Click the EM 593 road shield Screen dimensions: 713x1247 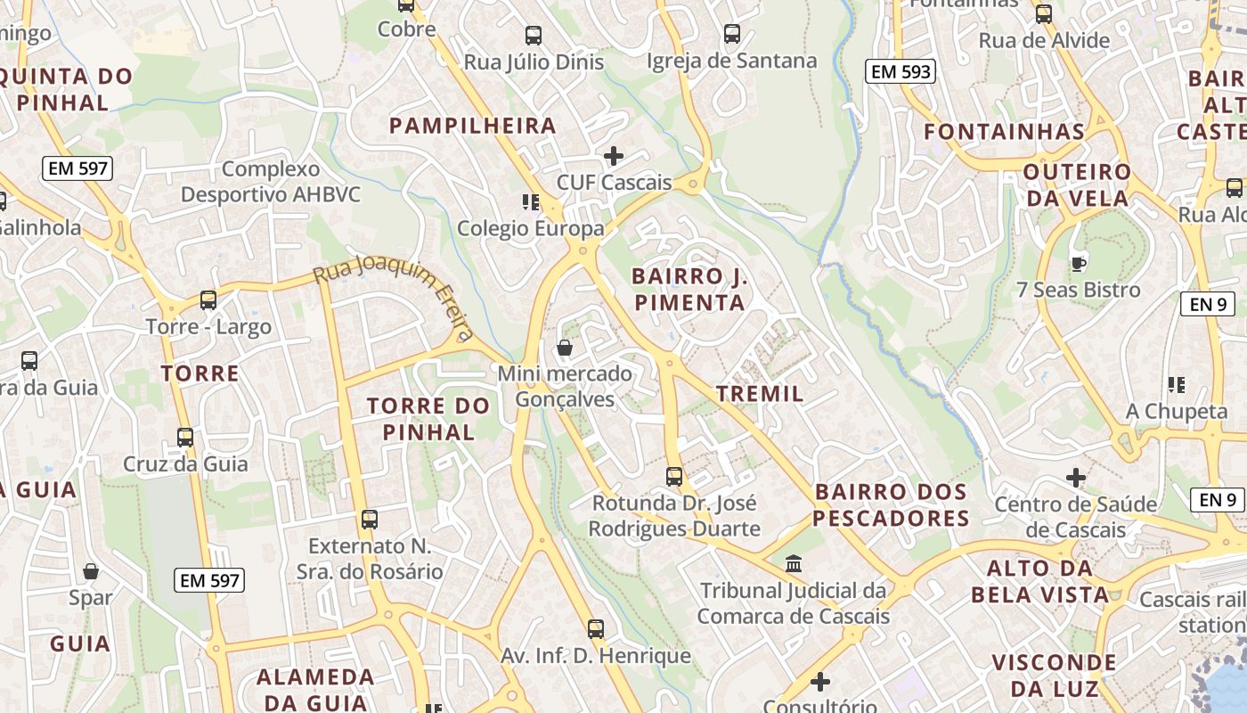pyautogui.click(x=901, y=72)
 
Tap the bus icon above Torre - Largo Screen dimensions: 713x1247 pyautogui.click(x=208, y=300)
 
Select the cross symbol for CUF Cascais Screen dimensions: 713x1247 pyautogui.click(x=613, y=157)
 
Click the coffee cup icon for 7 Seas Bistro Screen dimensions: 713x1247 pyautogui.click(x=1079, y=264)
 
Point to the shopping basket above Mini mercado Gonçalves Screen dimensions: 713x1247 pyautogui.click(x=564, y=348)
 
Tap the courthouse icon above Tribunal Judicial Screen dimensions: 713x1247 pyautogui.click(x=794, y=564)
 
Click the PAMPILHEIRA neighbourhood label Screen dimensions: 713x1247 pyautogui.click(x=473, y=126)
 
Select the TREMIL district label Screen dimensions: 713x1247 pyautogui.click(x=760, y=393)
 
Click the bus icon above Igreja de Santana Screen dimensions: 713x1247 pyautogui.click(x=731, y=35)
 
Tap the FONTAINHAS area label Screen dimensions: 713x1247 pyautogui.click(x=1004, y=132)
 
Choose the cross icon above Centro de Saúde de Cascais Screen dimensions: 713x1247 pyautogui.click(x=1076, y=478)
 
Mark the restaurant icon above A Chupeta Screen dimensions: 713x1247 pyautogui.click(x=1176, y=385)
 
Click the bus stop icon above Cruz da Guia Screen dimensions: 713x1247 pyautogui.click(x=185, y=438)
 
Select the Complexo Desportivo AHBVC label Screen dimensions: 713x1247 pyautogui.click(x=271, y=182)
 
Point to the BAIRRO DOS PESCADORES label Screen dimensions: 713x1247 pyautogui.click(x=891, y=504)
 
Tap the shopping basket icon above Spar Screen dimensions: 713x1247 pyautogui.click(x=90, y=571)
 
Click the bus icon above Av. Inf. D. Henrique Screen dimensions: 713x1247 pyautogui.click(x=595, y=629)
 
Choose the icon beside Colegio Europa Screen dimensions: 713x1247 pyautogui.click(x=531, y=202)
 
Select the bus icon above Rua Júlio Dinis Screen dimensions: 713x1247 pyautogui.click(x=533, y=36)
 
